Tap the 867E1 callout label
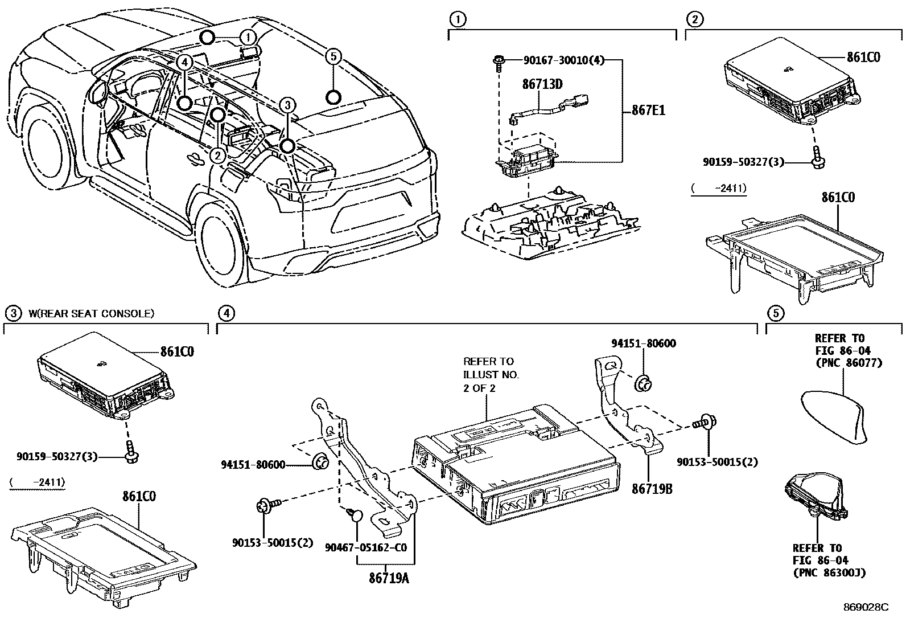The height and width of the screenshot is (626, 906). click(648, 111)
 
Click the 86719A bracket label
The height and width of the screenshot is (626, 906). click(389, 578)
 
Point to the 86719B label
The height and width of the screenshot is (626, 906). click(652, 488)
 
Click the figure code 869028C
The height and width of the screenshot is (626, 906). click(866, 607)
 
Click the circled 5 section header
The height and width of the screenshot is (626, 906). click(775, 313)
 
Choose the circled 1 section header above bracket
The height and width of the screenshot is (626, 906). click(456, 19)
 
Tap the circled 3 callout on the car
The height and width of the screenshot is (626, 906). click(288, 105)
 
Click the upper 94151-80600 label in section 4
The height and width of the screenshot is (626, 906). click(644, 343)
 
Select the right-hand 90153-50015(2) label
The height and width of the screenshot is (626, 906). click(717, 461)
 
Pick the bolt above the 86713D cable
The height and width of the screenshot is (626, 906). click(499, 61)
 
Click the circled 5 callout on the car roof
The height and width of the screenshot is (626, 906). click(333, 56)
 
